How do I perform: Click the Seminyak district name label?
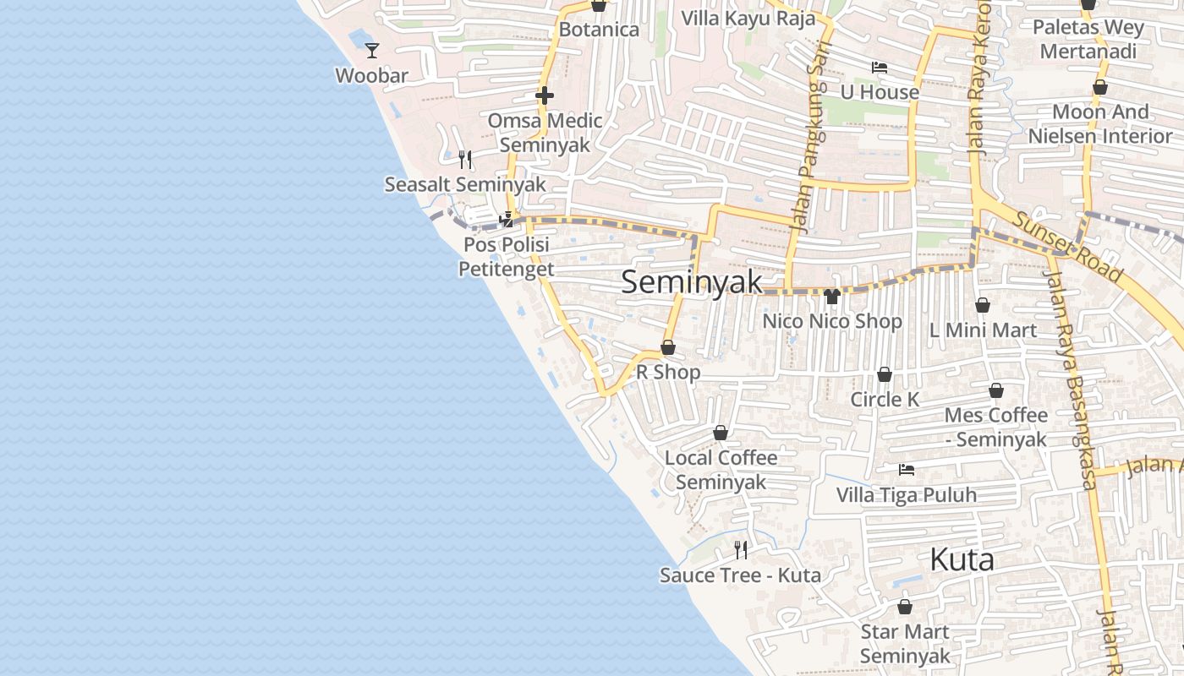coord(692,282)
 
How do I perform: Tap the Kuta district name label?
coord(962,559)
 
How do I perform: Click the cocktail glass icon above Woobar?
coord(372,51)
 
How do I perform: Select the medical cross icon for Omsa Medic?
coord(545,95)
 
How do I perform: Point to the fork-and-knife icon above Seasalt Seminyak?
coord(464,159)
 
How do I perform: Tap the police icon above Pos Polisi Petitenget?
coord(507,220)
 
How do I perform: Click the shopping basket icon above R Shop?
coord(668,347)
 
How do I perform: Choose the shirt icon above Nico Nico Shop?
coord(831,297)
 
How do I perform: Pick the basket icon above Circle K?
coord(885,374)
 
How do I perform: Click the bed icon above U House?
coord(880,68)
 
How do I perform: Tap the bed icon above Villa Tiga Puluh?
coord(907,470)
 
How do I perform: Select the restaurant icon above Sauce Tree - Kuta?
coord(741,550)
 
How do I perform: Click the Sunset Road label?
coord(1068,246)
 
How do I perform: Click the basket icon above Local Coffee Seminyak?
coord(721,433)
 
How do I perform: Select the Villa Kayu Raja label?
coord(748,19)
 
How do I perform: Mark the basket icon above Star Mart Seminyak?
coord(905,607)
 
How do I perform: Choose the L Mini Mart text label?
coord(983,330)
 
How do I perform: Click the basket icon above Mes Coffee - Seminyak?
coord(996,390)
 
